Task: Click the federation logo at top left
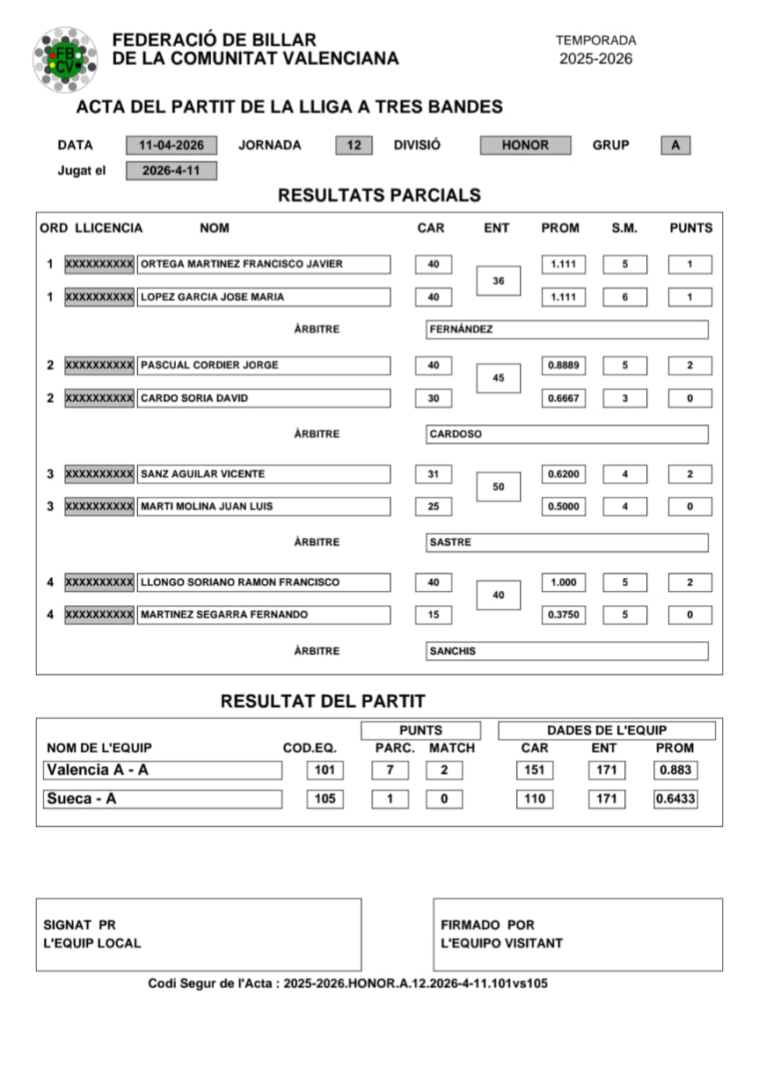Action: [65, 58]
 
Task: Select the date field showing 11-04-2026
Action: [171, 145]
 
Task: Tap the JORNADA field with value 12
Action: [354, 145]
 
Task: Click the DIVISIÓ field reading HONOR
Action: [525, 145]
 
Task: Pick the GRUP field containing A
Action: [675, 145]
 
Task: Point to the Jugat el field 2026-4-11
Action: [171, 171]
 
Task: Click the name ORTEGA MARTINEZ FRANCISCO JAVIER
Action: [263, 264]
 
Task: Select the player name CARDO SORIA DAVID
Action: [263, 399]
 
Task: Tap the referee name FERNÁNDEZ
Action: [566, 330]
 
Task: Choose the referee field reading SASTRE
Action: [566, 543]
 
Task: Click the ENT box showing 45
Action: [498, 378]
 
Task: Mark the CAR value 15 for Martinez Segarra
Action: [434, 615]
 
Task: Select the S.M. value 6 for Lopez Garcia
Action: [624, 297]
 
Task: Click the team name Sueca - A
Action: [163, 800]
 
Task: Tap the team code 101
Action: [325, 771]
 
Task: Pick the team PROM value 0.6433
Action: [675, 800]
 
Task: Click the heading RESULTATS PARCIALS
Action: [379, 195]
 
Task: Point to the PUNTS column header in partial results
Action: [690, 228]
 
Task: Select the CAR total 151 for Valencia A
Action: [534, 771]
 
